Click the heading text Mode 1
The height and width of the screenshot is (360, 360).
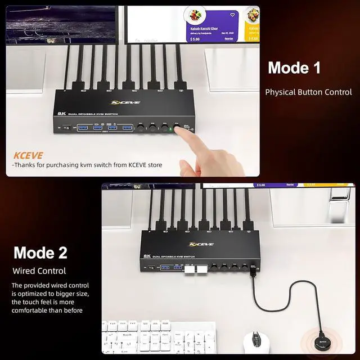click(294, 68)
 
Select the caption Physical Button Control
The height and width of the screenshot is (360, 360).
click(308, 92)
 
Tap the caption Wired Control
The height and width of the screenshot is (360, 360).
click(39, 271)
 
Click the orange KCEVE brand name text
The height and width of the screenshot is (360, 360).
click(28, 154)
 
